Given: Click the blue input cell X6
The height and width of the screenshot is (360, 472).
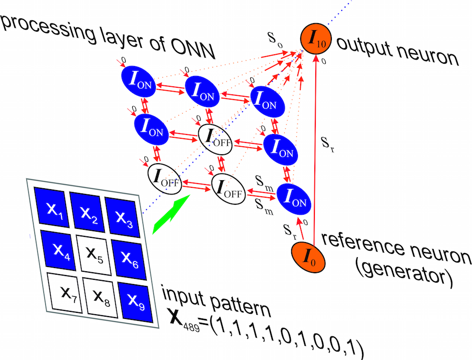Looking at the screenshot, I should tap(126, 257).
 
